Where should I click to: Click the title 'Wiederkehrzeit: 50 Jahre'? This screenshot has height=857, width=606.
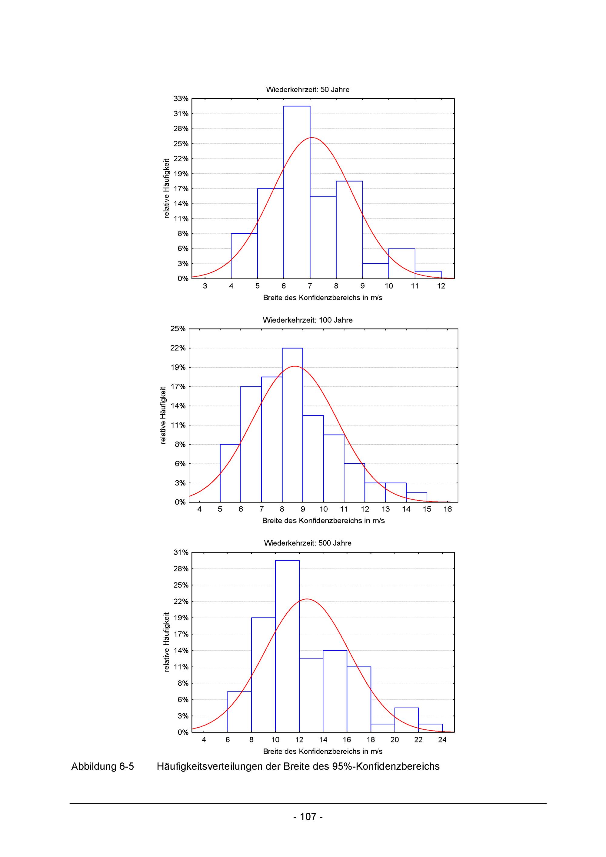point(308,90)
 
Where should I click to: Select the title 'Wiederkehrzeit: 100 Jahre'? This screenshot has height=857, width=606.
point(308,320)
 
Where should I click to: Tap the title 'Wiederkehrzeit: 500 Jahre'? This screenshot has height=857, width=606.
point(308,543)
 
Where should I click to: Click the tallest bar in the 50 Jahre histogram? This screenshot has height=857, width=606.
point(297,192)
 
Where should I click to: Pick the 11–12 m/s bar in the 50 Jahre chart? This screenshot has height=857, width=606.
point(428,275)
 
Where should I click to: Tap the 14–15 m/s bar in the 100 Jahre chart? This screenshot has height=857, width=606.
point(416,498)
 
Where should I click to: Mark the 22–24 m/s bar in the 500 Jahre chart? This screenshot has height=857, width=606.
point(430,728)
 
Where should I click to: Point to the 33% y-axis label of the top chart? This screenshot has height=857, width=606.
point(181,98)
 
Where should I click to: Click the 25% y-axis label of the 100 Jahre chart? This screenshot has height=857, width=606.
point(178,329)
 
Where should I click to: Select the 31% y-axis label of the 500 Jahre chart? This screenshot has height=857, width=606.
point(181,552)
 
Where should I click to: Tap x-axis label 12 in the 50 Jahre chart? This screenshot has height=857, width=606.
point(441,286)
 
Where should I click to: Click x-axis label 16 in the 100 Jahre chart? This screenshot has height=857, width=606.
point(448,509)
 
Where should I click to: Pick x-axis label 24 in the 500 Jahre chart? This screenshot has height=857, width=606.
point(442,740)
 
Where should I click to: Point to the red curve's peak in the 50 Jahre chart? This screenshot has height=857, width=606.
point(311,138)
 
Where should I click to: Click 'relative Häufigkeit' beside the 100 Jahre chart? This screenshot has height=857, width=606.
point(163,415)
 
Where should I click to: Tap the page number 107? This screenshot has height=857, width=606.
point(308,817)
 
